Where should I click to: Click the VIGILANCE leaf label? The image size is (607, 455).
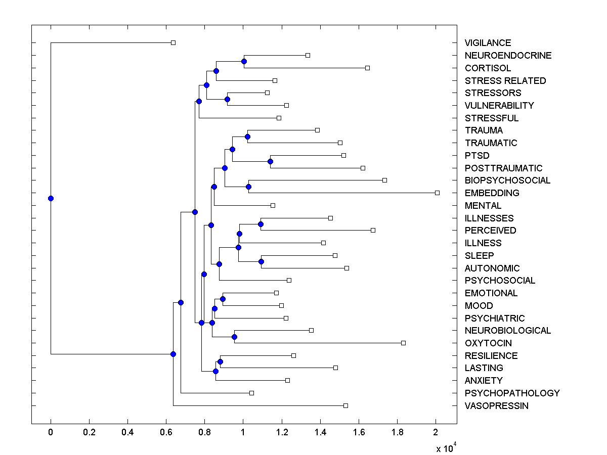488,43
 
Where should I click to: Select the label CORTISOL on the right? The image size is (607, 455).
488,68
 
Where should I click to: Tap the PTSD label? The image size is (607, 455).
477,156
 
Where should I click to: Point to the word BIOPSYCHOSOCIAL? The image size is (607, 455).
507,180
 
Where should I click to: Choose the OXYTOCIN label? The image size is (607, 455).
488,343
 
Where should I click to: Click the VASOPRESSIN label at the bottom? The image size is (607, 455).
496,406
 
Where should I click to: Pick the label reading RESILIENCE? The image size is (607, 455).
491,356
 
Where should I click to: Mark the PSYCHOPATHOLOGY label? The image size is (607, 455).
512,393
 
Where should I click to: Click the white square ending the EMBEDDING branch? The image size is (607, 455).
438,193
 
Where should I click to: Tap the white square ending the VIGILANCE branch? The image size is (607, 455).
173,42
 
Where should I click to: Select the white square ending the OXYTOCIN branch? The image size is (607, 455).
403,343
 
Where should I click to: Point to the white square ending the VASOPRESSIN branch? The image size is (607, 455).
345,405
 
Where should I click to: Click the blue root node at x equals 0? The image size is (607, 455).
51,198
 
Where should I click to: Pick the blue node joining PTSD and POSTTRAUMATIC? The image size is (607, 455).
270,162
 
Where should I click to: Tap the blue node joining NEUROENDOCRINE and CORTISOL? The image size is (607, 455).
244,61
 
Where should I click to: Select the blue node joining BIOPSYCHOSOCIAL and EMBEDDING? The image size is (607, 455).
248,187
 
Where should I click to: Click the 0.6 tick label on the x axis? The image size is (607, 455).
166,433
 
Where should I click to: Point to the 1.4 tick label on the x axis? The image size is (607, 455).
320,433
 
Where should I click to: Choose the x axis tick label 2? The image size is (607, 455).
436,433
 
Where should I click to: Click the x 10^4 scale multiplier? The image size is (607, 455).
447,448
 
